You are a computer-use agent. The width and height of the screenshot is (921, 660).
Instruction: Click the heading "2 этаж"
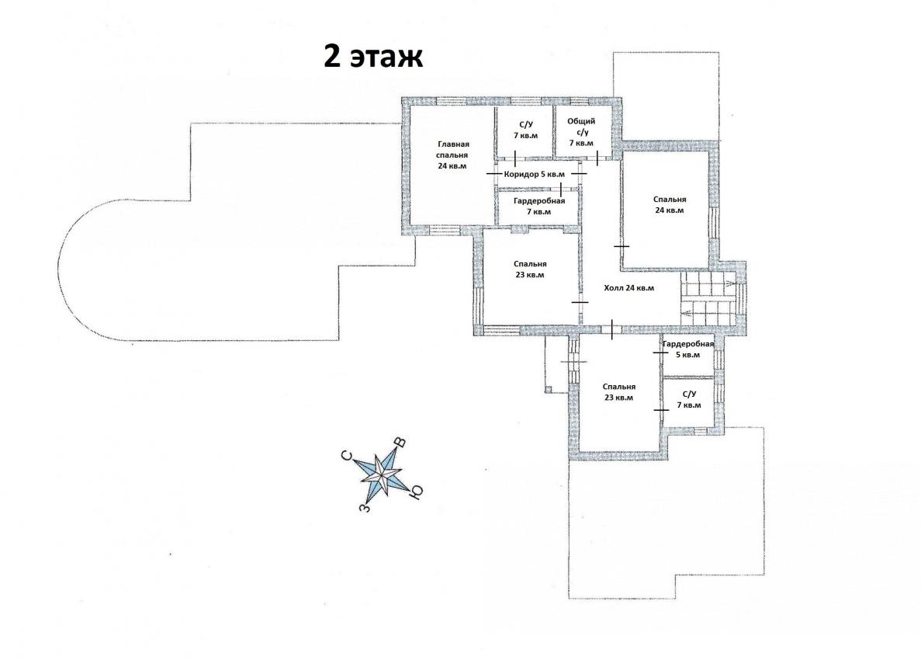(373, 57)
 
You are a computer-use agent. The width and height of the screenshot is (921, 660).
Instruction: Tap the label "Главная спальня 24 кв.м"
(453, 155)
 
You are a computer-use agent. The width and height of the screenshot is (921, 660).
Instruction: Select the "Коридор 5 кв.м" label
(535, 175)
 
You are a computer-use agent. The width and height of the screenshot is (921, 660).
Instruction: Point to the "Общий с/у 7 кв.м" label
(581, 132)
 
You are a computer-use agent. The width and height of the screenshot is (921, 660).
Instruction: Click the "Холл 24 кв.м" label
(629, 288)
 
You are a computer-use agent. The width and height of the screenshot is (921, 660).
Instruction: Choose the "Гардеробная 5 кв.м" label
(688, 349)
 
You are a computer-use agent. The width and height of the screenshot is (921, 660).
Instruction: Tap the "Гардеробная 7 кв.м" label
(538, 207)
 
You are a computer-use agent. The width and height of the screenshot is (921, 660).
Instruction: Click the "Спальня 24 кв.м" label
(670, 204)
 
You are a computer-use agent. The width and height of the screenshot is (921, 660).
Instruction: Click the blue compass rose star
(383, 474)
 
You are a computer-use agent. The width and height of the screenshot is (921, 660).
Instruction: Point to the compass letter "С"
(347, 457)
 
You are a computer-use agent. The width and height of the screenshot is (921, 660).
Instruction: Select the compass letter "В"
(400, 443)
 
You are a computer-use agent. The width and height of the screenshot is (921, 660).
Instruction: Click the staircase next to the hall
(707, 298)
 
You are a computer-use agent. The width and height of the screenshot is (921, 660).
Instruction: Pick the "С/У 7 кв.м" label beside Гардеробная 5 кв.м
(689, 400)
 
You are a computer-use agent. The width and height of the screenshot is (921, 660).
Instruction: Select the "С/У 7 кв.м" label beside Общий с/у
(525, 130)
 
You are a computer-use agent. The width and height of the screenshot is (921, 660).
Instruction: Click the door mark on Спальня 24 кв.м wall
(622, 246)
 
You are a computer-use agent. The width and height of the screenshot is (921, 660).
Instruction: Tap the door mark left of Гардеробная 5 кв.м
(661, 353)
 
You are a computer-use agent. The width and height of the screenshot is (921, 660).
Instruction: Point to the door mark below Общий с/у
(597, 158)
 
